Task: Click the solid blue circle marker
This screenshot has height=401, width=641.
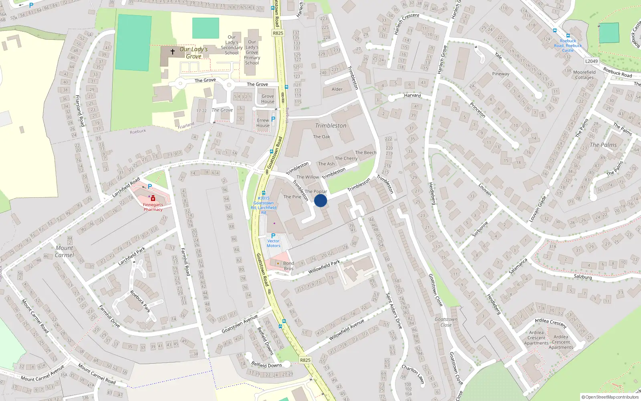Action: [x=320, y=200]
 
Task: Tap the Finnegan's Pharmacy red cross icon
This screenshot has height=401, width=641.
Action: [x=153, y=198]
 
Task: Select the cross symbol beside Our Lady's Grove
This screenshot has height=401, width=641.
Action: [x=173, y=52]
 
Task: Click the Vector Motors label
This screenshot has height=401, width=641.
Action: [x=273, y=243]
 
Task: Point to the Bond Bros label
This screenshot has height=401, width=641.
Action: [x=288, y=266]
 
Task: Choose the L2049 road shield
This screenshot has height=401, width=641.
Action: [x=591, y=61]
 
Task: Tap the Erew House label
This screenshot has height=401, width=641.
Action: [x=263, y=123]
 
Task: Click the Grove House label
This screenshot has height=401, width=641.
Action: [x=268, y=99]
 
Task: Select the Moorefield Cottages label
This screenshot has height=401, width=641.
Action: [x=584, y=75]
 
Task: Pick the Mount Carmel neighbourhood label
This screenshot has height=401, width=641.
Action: [x=65, y=251]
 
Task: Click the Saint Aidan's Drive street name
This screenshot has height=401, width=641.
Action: [x=393, y=311]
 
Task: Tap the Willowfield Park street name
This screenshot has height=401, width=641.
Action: [x=324, y=267]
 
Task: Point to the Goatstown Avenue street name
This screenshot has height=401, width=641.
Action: [x=240, y=324]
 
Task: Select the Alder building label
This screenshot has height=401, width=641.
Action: [x=337, y=89]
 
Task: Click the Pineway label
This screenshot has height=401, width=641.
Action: [x=500, y=74]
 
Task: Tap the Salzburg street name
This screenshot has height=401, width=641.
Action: [x=583, y=277]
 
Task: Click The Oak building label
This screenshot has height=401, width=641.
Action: [x=321, y=137]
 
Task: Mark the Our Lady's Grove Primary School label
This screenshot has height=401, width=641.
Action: [x=252, y=52]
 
